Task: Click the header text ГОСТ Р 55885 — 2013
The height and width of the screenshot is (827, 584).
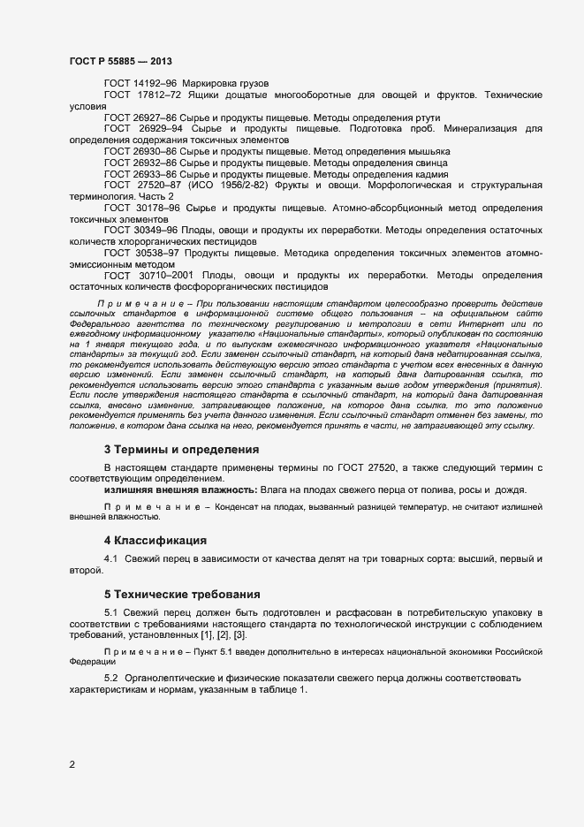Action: pyautogui.click(x=120, y=61)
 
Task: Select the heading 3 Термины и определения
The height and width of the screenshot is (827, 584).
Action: pyautogui.click(x=181, y=449)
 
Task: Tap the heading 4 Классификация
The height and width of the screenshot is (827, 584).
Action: pyautogui.click(x=155, y=540)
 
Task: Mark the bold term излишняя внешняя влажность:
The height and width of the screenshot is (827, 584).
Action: pyautogui.click(x=180, y=490)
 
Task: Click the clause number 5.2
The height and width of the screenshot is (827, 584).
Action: pyautogui.click(x=112, y=677)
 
